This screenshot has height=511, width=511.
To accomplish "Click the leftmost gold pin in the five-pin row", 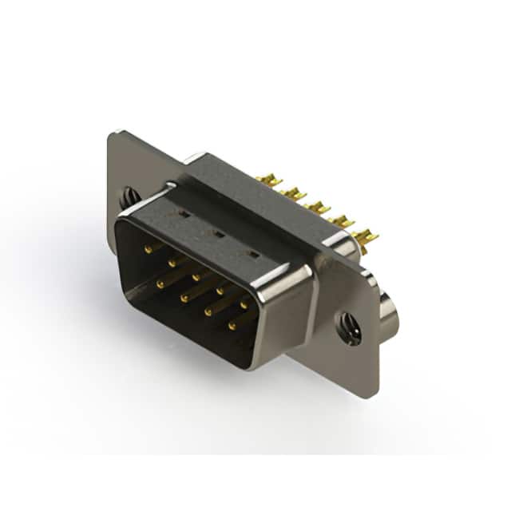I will tap(149, 250).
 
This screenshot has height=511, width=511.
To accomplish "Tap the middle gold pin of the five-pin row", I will tap(196, 276).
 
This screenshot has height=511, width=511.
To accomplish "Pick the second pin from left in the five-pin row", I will tap(172, 263).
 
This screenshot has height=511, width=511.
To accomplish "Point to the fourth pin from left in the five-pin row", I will tap(220, 290).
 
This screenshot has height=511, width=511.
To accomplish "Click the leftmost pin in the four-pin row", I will tap(160, 283).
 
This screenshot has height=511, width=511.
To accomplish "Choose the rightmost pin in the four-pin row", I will tap(232, 326).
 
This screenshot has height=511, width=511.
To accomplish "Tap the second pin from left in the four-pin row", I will tap(184, 297).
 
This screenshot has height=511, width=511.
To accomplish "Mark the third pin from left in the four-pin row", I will tap(208, 311).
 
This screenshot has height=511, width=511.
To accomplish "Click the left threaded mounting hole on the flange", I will tap(128, 194).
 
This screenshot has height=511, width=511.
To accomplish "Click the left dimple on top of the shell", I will tap(184, 215).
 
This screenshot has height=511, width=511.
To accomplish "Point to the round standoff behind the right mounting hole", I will tap(390, 313).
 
